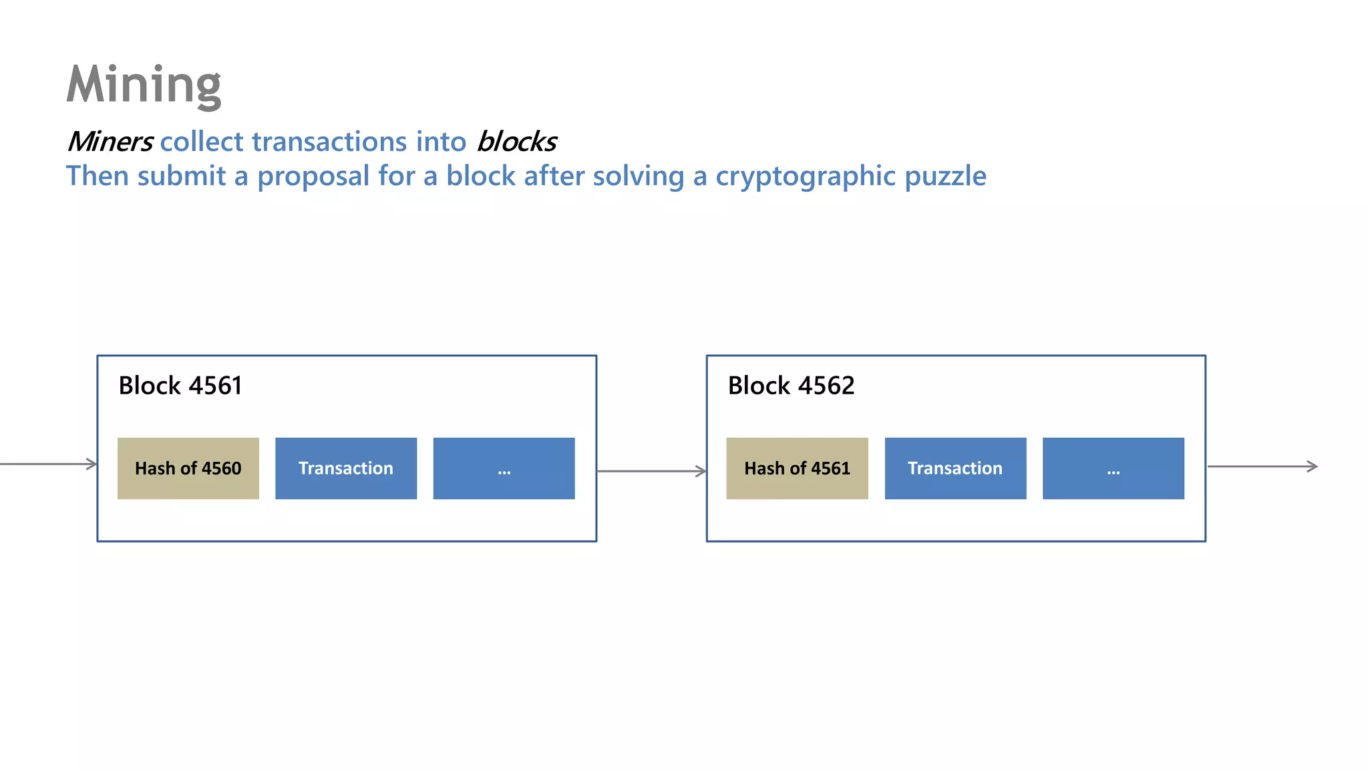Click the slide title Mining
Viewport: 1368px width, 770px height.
[144, 85]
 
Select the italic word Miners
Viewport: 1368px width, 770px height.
[110, 142]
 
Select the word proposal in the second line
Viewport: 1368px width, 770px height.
[313, 176]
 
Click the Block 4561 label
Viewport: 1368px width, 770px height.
[180, 386]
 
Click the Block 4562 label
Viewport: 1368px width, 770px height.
[791, 386]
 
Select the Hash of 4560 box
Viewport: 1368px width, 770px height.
[188, 469]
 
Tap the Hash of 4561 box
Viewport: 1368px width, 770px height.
[797, 469]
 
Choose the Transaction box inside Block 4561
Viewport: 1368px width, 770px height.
[346, 469]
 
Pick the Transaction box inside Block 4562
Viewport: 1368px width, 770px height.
[955, 469]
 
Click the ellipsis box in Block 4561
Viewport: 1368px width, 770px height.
[504, 469]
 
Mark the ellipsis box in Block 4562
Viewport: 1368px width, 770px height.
[1113, 469]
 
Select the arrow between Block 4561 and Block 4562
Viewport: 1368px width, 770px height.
[651, 471]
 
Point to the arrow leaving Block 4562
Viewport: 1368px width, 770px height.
[1262, 467]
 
